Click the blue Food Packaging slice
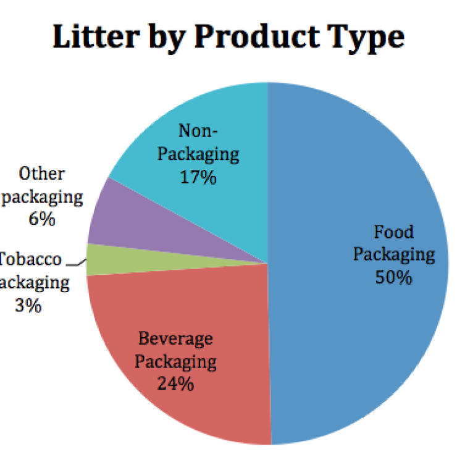click(x=346, y=185)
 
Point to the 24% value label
click(x=175, y=384)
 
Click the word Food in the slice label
click(x=393, y=232)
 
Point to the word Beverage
click(x=175, y=338)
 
